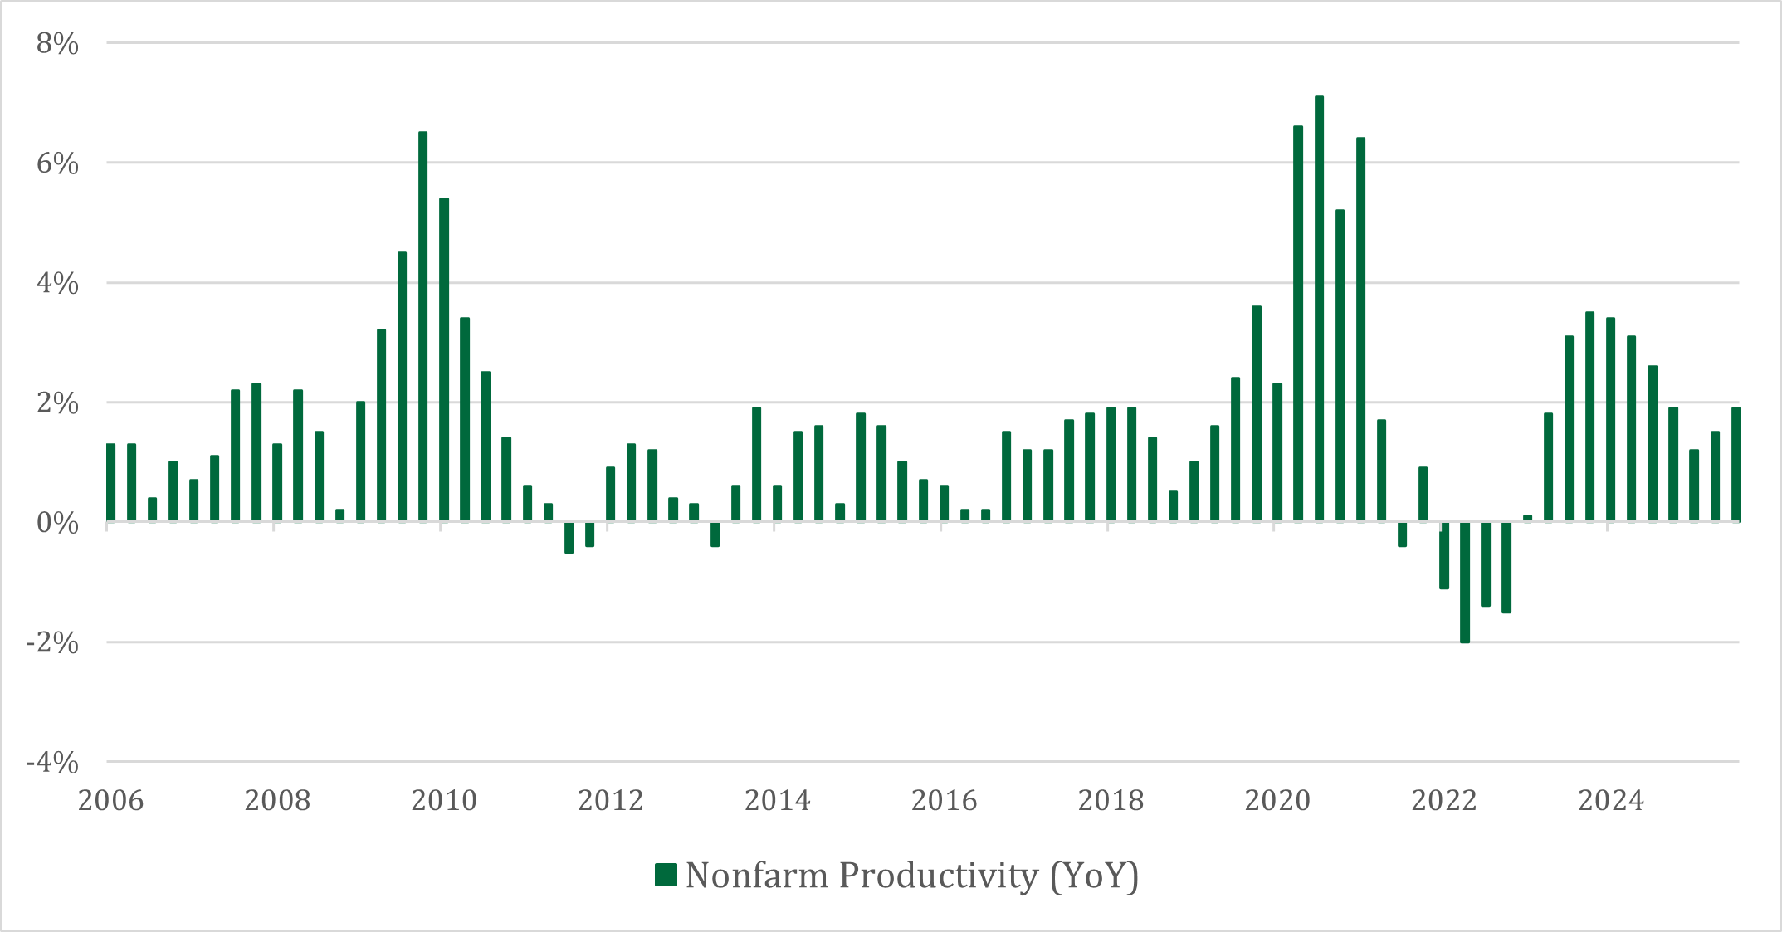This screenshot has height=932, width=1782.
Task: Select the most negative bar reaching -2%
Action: [x=1465, y=582]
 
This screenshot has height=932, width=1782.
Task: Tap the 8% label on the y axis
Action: [x=57, y=44]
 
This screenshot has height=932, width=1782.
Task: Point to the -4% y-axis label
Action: [x=52, y=763]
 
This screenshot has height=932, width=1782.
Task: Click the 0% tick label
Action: [x=57, y=524]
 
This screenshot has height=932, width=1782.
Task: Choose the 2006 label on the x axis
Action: [x=110, y=801]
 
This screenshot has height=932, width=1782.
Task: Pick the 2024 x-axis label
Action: [x=1610, y=801]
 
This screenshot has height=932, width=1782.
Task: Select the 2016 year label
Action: [x=944, y=801]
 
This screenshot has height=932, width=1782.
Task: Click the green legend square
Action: [x=666, y=875]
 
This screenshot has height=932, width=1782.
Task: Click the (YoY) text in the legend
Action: [x=1094, y=876]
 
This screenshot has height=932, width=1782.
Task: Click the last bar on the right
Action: [x=1736, y=465]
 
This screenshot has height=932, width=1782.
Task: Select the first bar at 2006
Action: [x=110, y=483]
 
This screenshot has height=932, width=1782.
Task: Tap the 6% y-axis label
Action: [x=57, y=164]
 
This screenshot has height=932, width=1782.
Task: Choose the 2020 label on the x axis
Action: [x=1277, y=801]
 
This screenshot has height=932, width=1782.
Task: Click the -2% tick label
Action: [x=52, y=643]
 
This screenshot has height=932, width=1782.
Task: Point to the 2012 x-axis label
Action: [x=610, y=801]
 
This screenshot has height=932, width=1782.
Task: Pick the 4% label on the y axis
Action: [x=57, y=284]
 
